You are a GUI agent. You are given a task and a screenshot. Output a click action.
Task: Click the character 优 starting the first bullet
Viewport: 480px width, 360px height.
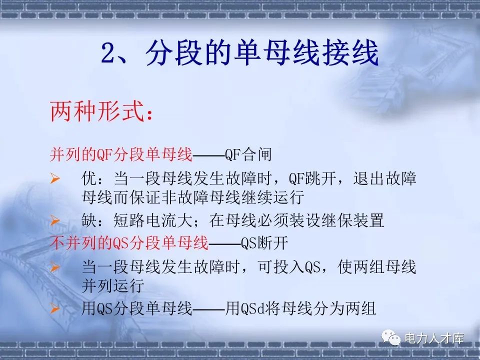click(89, 178)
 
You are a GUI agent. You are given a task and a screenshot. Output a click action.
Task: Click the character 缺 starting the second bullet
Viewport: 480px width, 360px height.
click(89, 219)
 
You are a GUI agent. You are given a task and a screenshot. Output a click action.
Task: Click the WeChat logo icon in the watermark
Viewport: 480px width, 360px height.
click(392, 338)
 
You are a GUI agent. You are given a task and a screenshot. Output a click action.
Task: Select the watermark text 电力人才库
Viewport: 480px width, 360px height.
click(433, 338)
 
